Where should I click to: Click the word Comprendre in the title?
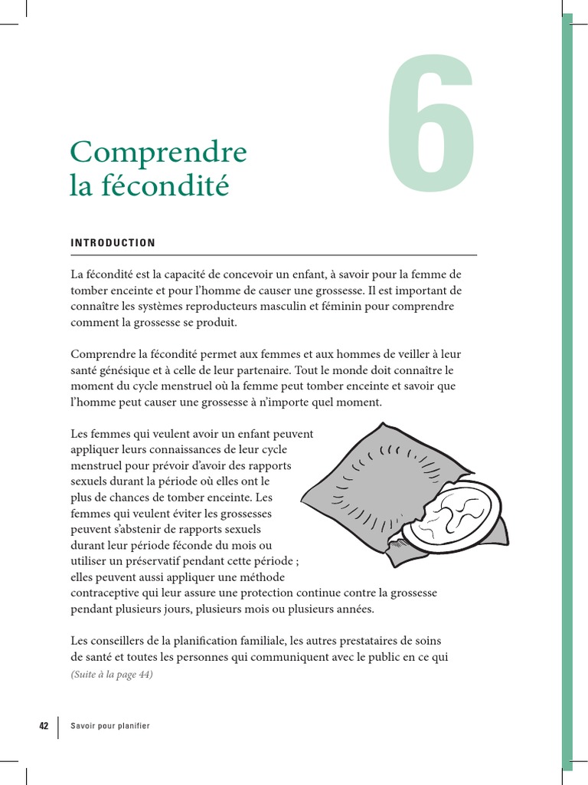(x=158, y=153)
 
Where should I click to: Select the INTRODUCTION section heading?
(x=113, y=243)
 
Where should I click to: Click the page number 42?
(x=44, y=726)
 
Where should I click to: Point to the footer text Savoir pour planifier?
(x=109, y=726)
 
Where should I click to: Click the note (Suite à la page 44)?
(x=112, y=675)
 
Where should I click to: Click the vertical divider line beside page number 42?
(x=59, y=726)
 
